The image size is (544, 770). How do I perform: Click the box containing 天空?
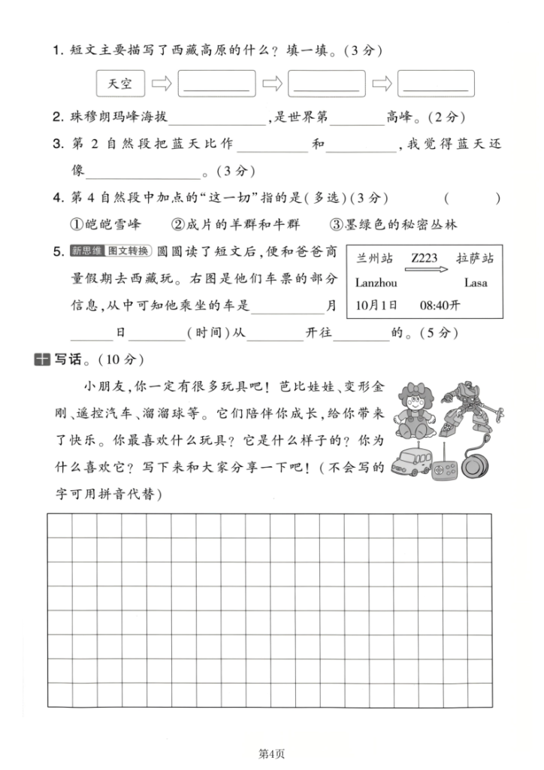point(120,84)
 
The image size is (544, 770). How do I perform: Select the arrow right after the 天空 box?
point(162,84)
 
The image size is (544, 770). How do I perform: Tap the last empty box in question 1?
point(436,84)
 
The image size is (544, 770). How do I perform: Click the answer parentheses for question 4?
point(472,199)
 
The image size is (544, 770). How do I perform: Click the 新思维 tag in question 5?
point(88,250)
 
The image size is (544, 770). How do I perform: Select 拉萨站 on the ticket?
point(476,258)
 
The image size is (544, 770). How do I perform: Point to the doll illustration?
point(416,412)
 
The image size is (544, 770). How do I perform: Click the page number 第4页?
point(271,753)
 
